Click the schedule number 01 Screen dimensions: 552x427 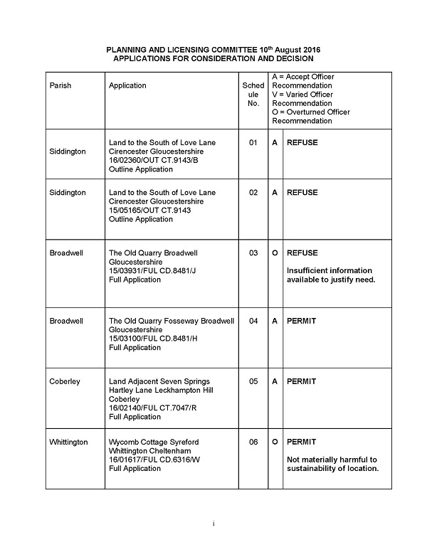click(x=253, y=142)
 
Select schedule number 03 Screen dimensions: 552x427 click(x=253, y=253)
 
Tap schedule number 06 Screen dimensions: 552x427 click(x=253, y=442)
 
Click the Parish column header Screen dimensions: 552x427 click(x=60, y=85)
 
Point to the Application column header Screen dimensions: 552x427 click(x=127, y=85)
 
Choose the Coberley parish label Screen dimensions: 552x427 click(x=65, y=381)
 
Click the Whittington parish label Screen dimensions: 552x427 click(x=68, y=442)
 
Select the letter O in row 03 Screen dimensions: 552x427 click(x=275, y=253)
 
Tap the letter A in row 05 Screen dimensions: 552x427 click(x=275, y=381)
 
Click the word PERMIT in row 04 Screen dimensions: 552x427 click(x=302, y=321)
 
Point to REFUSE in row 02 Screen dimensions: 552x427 click(x=302, y=193)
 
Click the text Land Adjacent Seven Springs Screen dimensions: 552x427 click(x=159, y=381)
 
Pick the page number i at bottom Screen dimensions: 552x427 click(x=213, y=524)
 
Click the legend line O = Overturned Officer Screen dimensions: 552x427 click(x=311, y=112)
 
